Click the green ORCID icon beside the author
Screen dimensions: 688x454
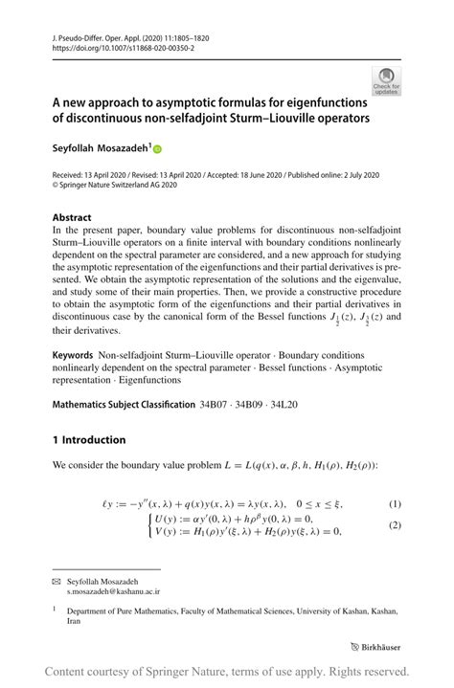[157, 149]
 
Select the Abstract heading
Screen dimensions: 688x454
[73, 217]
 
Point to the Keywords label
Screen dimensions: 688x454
[73, 353]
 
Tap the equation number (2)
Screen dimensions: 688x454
[394, 525]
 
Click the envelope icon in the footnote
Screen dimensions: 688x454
[56, 581]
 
